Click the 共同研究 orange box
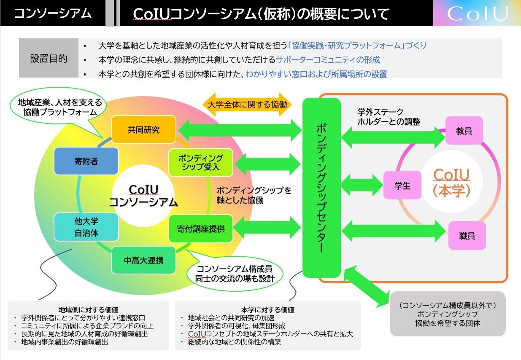(143, 129)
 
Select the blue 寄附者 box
(86, 161)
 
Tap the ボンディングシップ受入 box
(200, 162)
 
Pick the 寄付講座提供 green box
(200, 229)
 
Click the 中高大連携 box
(143, 261)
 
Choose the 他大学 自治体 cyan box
(86, 226)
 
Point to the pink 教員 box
(464, 131)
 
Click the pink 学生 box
(402, 185)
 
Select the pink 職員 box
(467, 236)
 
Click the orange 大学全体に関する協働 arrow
(247, 105)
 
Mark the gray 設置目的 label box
(49, 59)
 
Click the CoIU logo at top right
(477, 13)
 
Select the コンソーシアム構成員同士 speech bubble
(235, 273)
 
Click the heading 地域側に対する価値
(88, 309)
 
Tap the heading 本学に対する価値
(267, 309)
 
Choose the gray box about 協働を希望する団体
(447, 314)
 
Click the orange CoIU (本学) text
(451, 182)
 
